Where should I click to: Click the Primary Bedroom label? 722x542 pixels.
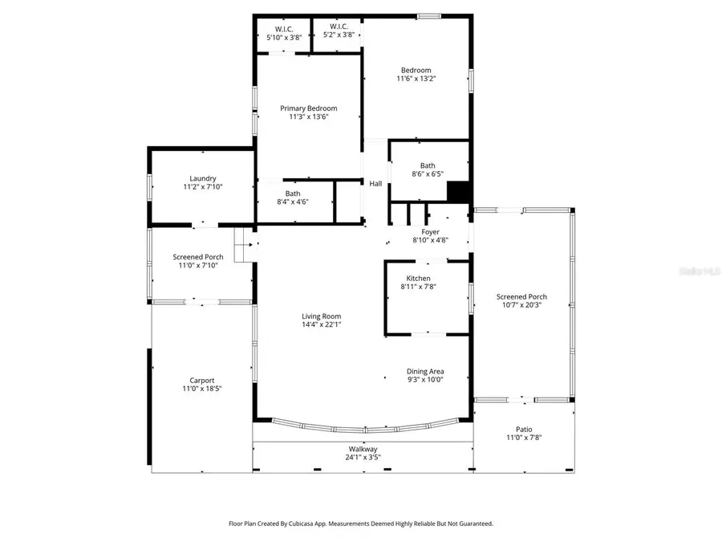308,108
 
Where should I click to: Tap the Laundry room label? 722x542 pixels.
203,178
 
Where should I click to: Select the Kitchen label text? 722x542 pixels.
418,278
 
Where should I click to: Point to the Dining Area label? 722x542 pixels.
425,371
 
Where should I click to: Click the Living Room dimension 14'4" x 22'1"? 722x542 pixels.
321,325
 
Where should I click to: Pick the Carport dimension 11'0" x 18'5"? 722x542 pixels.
202,389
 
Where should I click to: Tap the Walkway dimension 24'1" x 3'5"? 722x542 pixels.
363,458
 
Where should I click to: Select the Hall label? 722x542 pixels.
375,184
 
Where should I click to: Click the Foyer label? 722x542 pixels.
430,231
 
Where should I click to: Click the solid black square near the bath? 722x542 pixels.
457,193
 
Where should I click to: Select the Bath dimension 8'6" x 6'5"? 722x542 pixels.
428,174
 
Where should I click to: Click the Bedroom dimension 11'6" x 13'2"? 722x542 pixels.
416,79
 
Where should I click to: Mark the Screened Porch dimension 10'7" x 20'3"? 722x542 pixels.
521,305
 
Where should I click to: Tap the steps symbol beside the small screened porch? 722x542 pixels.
243,245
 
